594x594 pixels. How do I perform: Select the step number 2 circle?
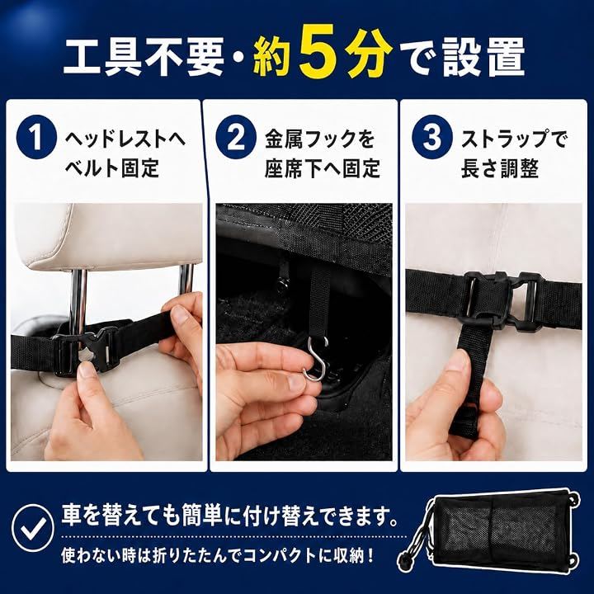[236, 138]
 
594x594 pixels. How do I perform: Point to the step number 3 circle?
[431, 138]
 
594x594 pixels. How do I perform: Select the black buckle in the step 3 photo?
[505, 299]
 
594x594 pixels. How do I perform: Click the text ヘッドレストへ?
[125, 139]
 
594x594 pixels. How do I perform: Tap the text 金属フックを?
[320, 139]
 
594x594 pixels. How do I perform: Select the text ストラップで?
[514, 139]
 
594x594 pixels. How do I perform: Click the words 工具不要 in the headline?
[143, 58]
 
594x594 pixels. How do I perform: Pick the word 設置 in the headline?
[483, 58]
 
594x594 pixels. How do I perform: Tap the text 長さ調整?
[499, 168]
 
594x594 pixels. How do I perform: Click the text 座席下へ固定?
[322, 168]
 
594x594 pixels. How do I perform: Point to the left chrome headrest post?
[78, 299]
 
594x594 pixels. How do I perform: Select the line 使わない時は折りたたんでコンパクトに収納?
[217, 555]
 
